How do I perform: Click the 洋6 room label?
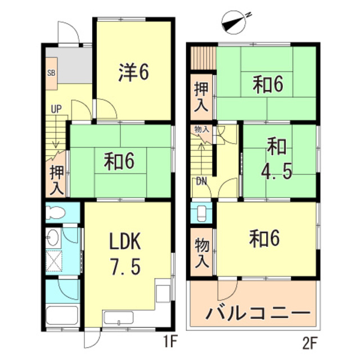[133, 73]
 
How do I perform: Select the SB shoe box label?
[51, 73]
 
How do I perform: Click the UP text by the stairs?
[56, 109]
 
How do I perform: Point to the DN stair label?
[201, 181]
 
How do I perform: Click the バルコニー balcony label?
[258, 313]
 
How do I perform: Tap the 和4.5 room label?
[280, 159]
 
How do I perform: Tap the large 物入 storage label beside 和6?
[201, 253]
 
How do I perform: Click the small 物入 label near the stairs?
[202, 130]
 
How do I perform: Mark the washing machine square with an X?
[55, 260]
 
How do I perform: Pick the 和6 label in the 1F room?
[120, 162]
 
